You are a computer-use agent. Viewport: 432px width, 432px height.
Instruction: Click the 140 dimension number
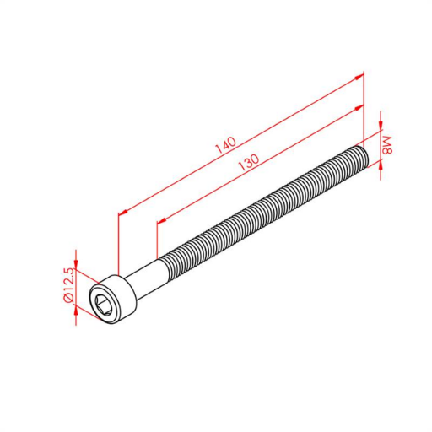click(x=225, y=145)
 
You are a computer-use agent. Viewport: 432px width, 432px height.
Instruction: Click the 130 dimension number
click(x=249, y=162)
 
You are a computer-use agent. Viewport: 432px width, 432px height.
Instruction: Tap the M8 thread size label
click(x=387, y=145)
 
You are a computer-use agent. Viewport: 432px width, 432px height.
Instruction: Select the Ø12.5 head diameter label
click(x=68, y=285)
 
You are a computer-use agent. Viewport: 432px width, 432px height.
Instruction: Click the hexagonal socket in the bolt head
click(x=103, y=304)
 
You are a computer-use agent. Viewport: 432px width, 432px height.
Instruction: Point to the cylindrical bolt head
click(x=112, y=300)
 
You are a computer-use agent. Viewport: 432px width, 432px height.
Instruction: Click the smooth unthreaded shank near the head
click(x=148, y=278)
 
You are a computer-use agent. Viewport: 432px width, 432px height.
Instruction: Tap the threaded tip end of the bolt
click(x=362, y=157)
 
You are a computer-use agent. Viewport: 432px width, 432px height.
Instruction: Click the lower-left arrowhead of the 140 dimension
click(x=124, y=213)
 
